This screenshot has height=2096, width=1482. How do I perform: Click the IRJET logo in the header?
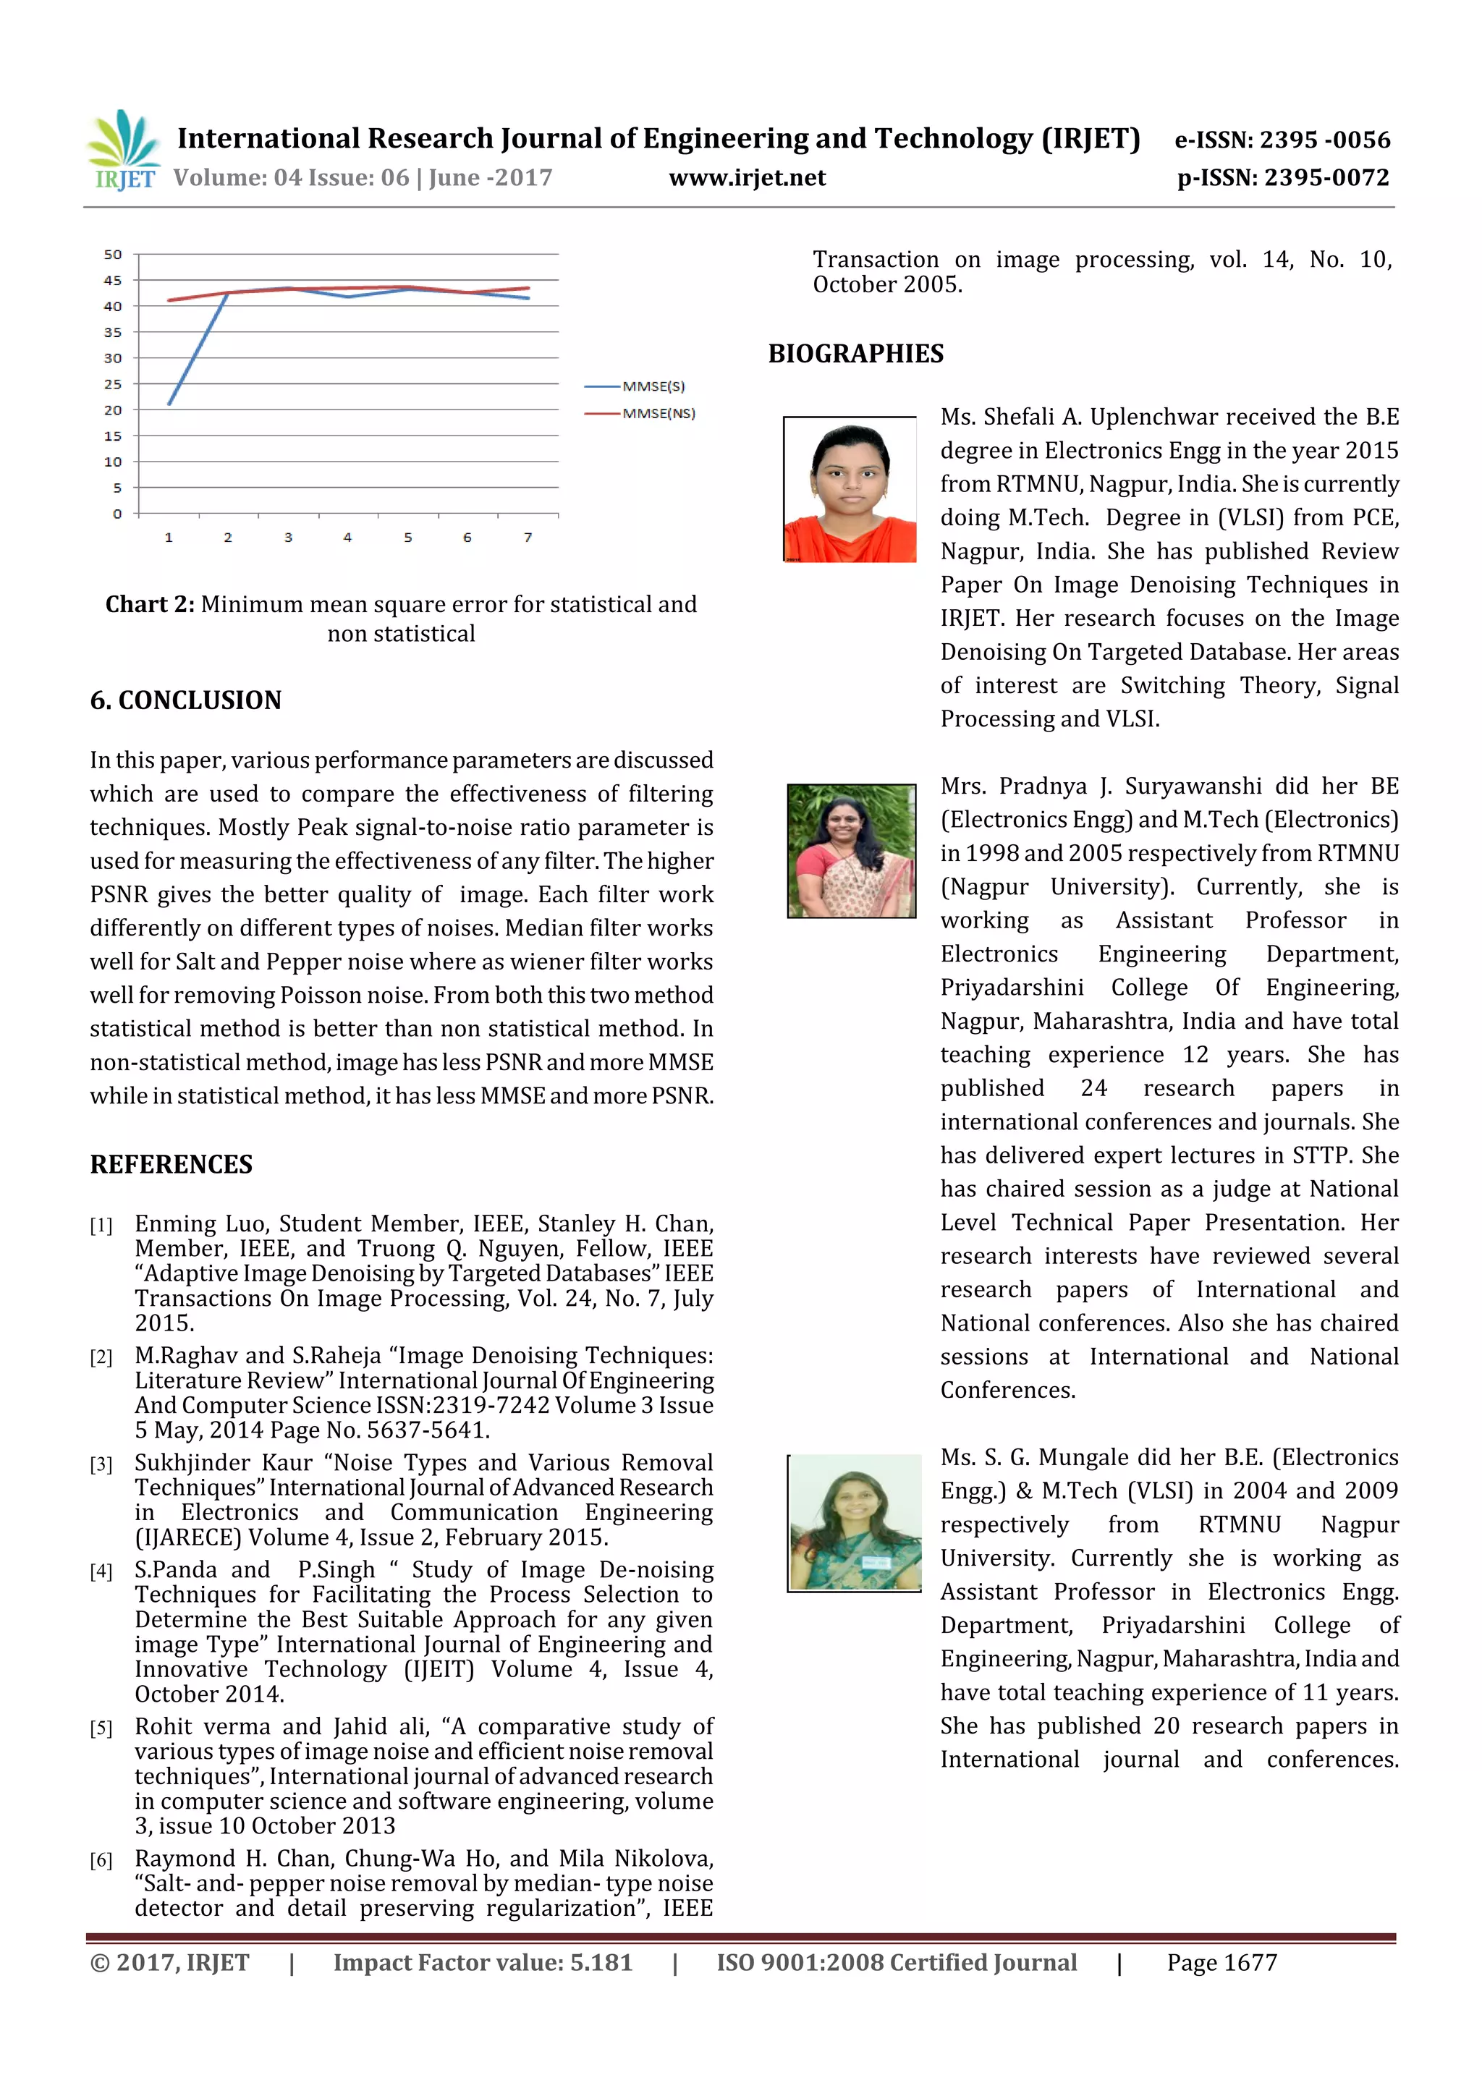123,150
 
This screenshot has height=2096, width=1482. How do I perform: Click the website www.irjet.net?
746,178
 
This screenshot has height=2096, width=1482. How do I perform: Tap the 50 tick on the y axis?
112,255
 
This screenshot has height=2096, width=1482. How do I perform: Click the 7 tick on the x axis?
528,538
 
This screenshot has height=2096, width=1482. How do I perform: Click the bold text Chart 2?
150,604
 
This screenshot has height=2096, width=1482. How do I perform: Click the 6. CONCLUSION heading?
185,700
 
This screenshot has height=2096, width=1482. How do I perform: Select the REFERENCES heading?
171,1165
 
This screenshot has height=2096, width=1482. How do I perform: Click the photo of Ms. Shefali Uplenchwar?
850,491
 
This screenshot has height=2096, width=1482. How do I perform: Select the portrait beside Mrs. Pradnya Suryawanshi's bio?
851,851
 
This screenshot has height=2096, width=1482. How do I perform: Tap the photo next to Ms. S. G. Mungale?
854,1523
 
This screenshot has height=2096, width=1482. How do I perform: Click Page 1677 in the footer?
1221,1963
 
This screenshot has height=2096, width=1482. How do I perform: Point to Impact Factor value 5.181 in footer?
482,1963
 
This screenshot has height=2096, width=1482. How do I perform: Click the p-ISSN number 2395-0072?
1282,178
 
